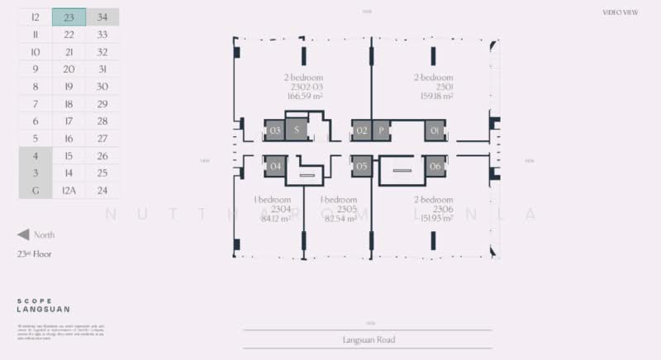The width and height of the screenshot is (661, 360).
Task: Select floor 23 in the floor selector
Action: (x=69, y=17)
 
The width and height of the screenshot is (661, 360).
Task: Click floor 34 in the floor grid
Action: (x=102, y=17)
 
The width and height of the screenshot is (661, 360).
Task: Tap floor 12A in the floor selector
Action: (x=69, y=190)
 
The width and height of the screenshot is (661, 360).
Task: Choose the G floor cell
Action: (x=36, y=190)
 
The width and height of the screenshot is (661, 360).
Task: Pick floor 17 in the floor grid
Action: (x=69, y=121)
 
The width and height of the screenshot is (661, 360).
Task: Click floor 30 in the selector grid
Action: (x=102, y=86)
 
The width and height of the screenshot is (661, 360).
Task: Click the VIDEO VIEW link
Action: (x=621, y=12)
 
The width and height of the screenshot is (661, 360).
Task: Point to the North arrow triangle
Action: (x=24, y=235)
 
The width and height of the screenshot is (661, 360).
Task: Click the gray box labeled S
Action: (x=297, y=130)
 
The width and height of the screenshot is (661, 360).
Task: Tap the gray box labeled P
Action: (x=381, y=130)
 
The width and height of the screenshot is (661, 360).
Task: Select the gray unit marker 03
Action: (x=275, y=130)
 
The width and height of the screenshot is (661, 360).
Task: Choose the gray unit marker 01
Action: (x=436, y=130)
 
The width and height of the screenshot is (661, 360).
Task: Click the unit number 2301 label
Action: (x=434, y=87)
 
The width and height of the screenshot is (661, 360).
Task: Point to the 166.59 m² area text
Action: (x=305, y=96)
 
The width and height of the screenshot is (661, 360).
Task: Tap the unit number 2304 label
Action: (x=271, y=209)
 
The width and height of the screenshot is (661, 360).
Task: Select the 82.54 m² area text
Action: (x=339, y=218)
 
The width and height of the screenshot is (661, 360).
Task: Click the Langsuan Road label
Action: (x=368, y=339)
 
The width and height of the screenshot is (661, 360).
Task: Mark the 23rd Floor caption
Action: (x=34, y=254)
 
